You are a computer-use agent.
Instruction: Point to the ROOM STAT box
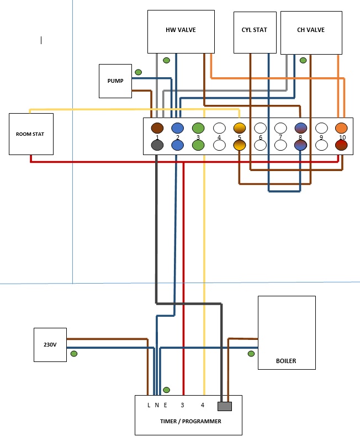coord(31,134)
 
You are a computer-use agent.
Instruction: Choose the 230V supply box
coord(50,345)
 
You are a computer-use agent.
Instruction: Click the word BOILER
coord(286,361)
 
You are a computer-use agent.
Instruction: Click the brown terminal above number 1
coord(157,128)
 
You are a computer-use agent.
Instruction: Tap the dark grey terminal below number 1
coord(157,145)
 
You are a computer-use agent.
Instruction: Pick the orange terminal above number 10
coord(341,128)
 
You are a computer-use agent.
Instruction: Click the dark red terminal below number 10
coord(341,145)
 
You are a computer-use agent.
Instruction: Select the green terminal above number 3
coord(198,128)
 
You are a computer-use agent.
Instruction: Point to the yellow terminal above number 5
coord(239,128)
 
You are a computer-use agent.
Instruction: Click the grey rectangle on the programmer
coord(224,406)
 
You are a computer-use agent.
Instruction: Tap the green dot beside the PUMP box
coord(138,72)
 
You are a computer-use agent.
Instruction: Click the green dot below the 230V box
coord(74,354)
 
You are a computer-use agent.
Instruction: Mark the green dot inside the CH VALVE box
coord(303,60)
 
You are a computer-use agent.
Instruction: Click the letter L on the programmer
coord(149,405)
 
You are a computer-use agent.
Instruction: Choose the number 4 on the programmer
coord(203,405)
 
